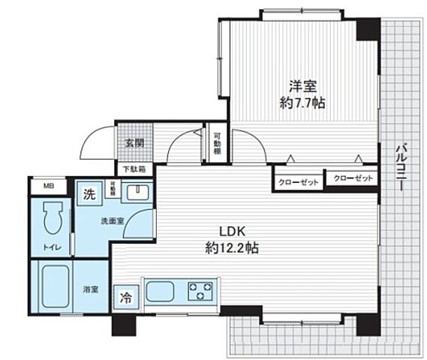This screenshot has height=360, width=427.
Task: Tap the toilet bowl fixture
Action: point(52,217)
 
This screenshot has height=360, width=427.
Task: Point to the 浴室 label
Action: point(91,288)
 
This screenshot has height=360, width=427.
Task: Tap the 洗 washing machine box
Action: point(89,194)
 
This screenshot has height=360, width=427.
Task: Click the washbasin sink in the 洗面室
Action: point(135,194)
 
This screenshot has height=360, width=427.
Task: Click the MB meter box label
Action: point(48,186)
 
